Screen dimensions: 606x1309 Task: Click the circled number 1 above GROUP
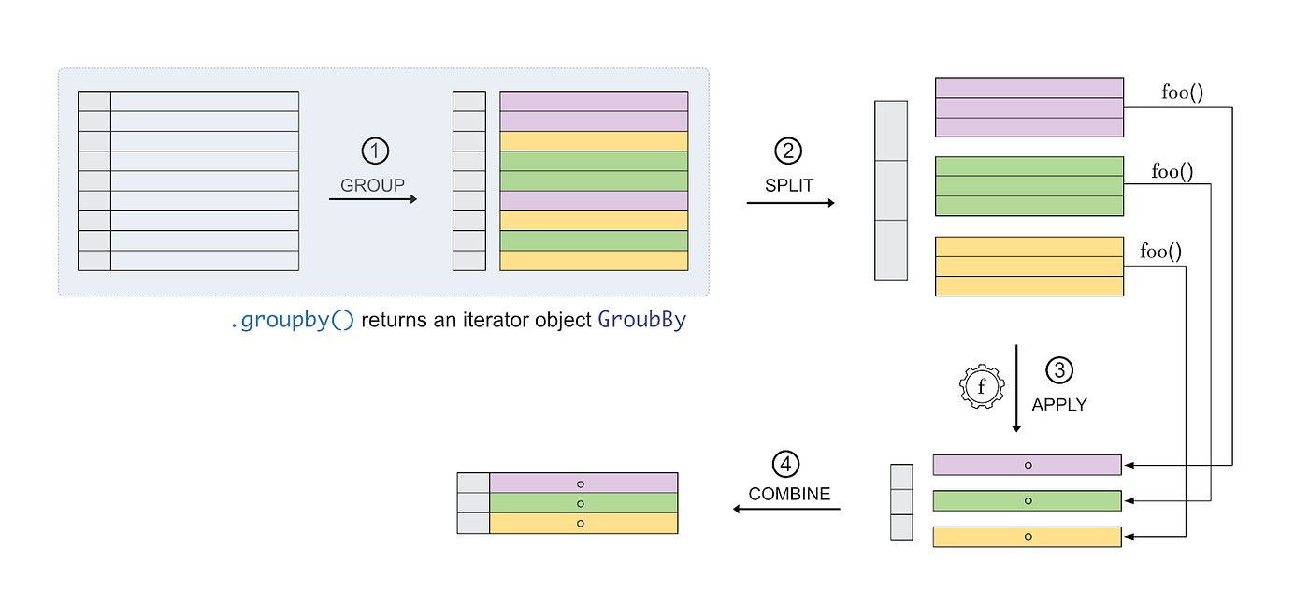373,151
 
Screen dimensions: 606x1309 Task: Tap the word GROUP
372,185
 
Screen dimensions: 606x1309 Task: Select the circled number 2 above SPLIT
788,151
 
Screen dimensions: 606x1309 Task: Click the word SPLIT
788,185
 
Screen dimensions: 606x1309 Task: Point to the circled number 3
1058,370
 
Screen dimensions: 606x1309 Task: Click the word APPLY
1058,405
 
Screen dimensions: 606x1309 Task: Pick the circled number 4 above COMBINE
787,463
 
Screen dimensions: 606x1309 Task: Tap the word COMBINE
789,494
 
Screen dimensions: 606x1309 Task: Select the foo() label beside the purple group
1182,92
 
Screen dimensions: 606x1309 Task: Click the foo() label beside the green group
1172,171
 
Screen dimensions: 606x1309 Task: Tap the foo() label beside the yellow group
1160,251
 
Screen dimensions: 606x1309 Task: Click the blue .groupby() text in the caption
292,320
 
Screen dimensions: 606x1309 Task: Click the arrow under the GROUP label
372,198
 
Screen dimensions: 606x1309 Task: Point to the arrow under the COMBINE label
786,509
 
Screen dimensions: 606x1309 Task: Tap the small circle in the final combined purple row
580,483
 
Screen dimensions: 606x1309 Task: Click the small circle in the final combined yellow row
580,523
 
